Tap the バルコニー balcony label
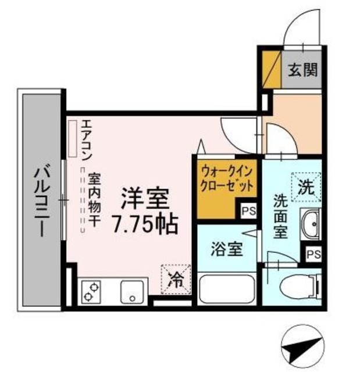pos(40,199)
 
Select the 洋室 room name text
pos(145,199)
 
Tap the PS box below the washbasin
pos(314,253)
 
